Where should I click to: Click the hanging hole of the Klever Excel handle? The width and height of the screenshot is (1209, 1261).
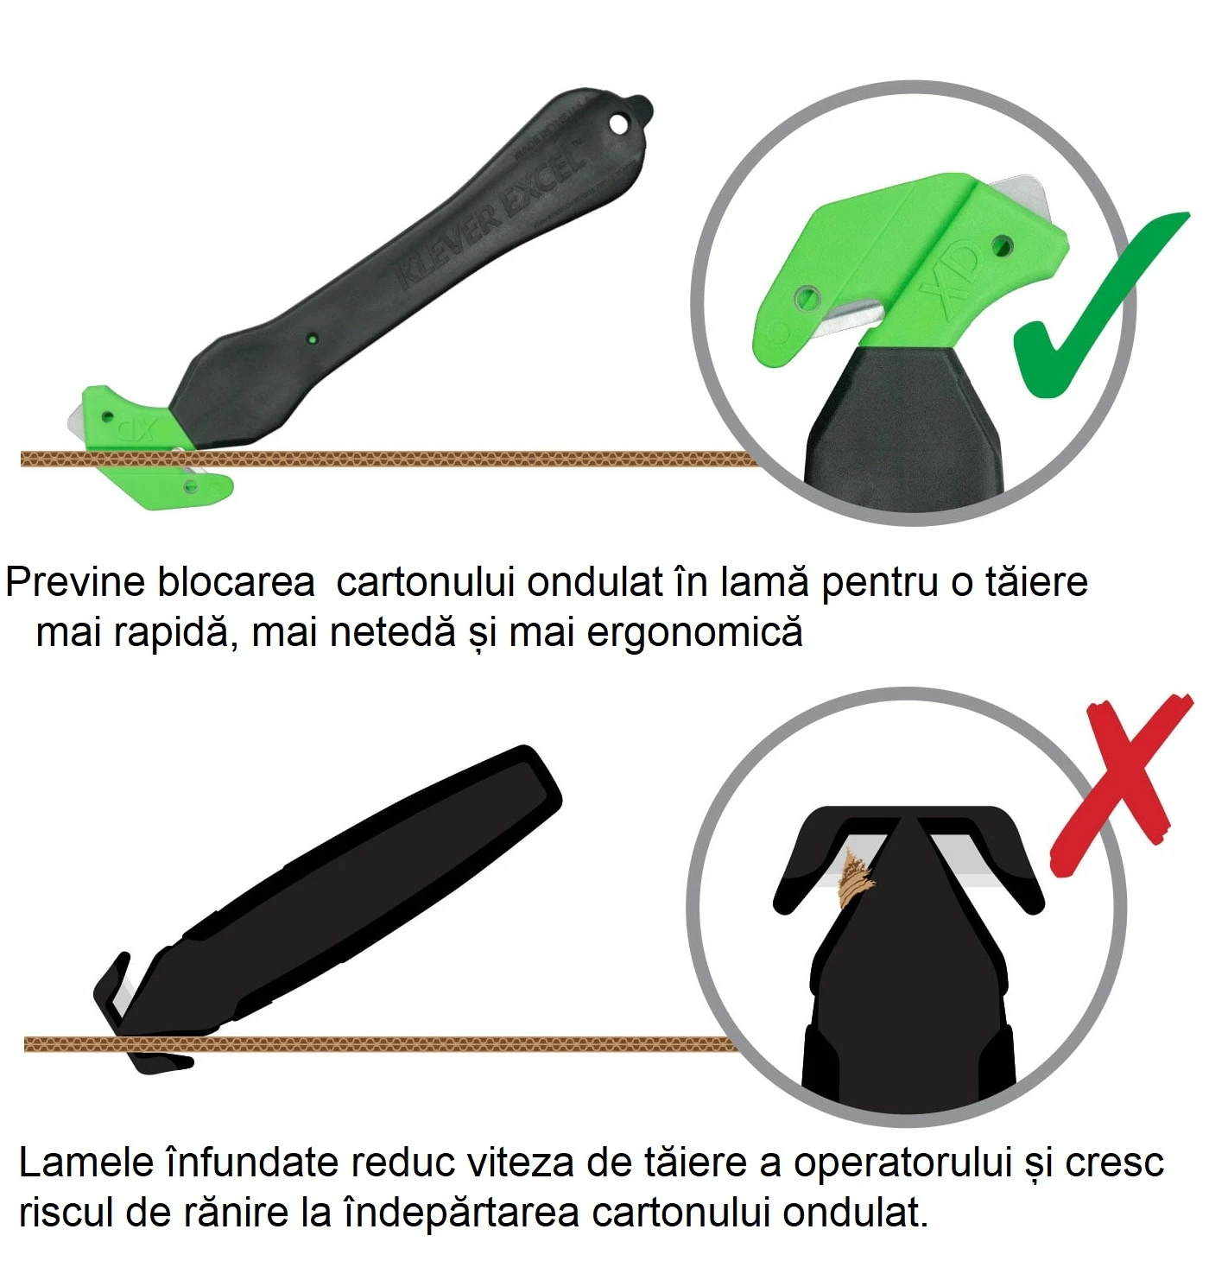pyautogui.click(x=619, y=124)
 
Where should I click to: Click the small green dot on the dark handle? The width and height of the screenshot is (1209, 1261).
pyautogui.click(x=313, y=339)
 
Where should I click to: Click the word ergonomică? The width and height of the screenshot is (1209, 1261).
pyautogui.click(x=694, y=633)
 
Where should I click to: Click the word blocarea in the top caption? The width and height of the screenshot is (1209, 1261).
pyautogui.click(x=236, y=581)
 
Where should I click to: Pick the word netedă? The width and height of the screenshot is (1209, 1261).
pyautogui.click(x=393, y=632)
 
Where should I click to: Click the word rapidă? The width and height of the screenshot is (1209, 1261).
pyautogui.click(x=173, y=633)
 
